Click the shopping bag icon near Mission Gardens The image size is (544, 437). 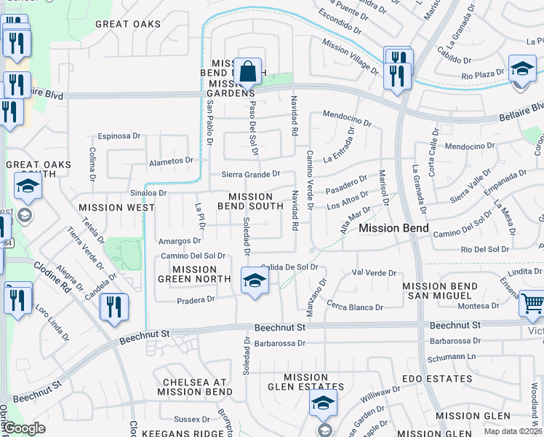point(248,73)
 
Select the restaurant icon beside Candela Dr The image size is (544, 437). point(114,306)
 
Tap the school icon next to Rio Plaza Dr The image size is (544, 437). point(521,69)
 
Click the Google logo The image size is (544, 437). point(24,429)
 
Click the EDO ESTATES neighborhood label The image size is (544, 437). point(438,379)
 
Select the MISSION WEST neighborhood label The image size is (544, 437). point(116,208)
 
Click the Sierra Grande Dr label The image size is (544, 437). point(251,174)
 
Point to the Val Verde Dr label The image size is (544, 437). point(374,273)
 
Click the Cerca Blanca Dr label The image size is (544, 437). point(354,307)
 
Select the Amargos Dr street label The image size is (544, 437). point(180,240)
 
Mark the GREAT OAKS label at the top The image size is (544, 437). point(128,24)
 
